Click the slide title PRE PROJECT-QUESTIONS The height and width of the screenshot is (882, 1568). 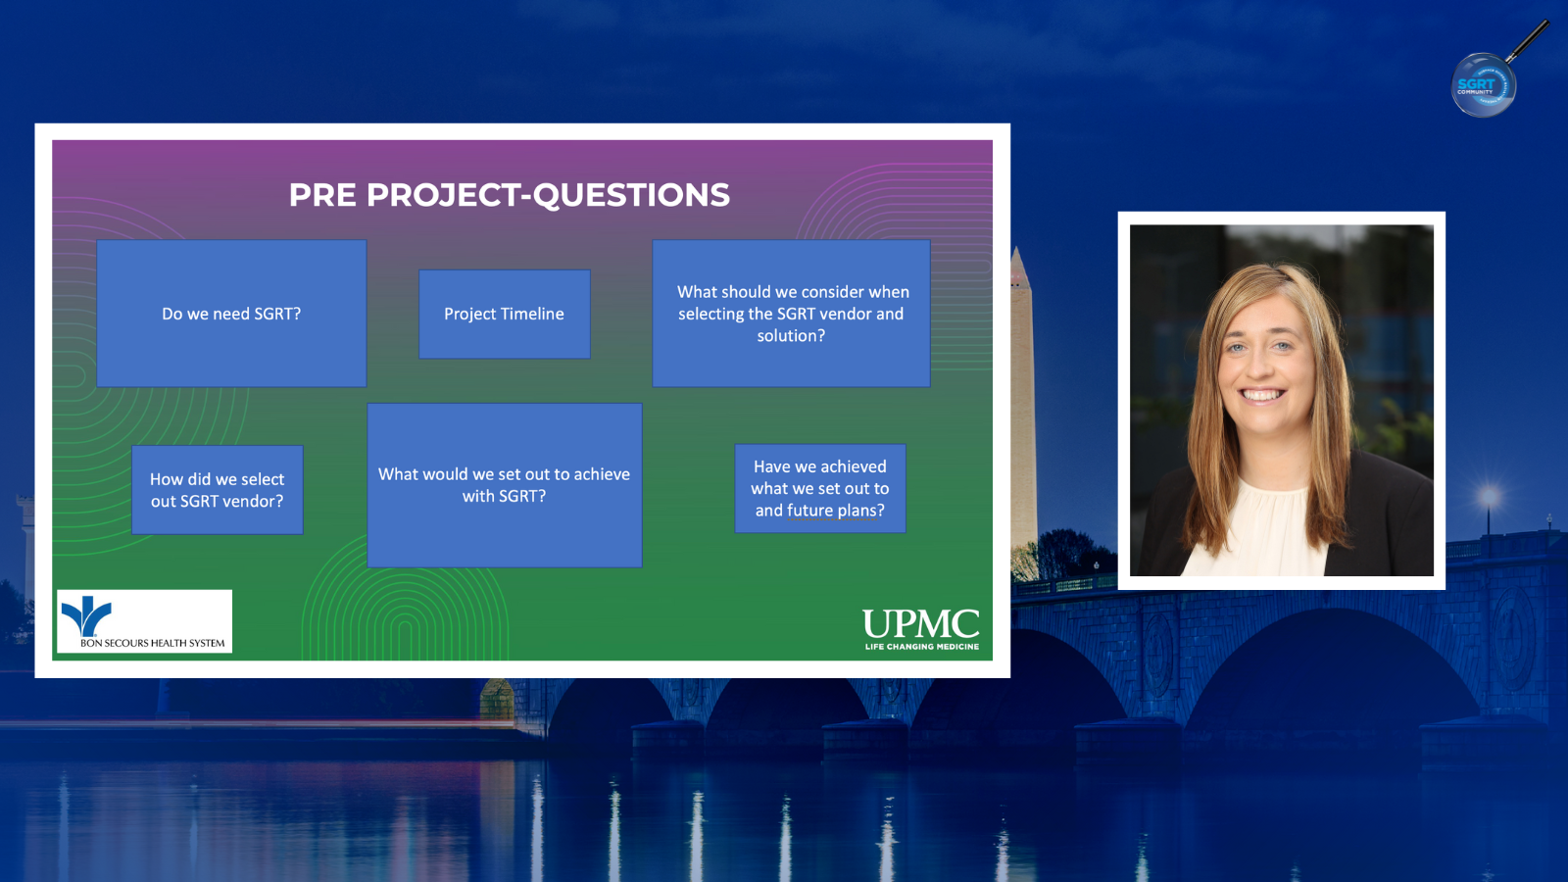(509, 195)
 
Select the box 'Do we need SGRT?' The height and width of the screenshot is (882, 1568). (231, 314)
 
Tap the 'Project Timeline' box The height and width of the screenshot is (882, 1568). (505, 315)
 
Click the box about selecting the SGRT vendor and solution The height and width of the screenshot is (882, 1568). (792, 314)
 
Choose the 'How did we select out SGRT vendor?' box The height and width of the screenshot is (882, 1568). (218, 490)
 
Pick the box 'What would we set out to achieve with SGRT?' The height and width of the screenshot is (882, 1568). (505, 485)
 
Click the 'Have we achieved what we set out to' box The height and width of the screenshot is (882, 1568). (820, 489)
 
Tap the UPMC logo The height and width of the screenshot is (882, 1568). (921, 628)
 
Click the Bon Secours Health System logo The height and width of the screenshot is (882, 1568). (144, 621)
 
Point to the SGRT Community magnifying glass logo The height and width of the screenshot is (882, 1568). (1484, 85)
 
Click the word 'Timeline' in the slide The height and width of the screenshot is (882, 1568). (529, 315)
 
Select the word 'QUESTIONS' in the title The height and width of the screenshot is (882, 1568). (631, 196)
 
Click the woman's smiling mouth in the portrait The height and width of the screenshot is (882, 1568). (1261, 396)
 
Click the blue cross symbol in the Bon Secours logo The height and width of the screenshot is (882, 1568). (87, 614)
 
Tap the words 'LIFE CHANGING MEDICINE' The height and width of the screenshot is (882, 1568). (922, 646)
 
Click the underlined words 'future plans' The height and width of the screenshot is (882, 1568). (832, 511)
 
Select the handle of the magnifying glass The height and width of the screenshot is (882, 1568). (1528, 40)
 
